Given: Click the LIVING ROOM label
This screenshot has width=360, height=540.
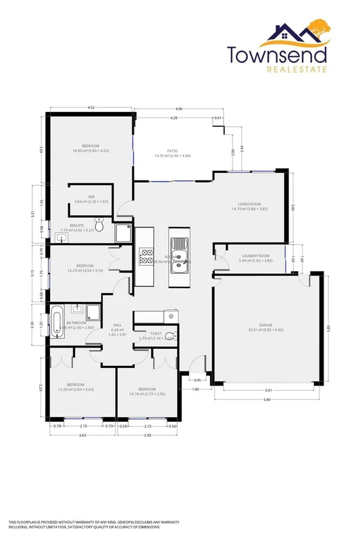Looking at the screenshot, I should (x=249, y=205).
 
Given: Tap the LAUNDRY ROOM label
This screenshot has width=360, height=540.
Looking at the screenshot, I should (x=256, y=256).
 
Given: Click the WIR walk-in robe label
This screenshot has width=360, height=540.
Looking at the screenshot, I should (x=91, y=198).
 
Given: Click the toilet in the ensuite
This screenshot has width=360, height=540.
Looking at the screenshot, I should (x=99, y=227).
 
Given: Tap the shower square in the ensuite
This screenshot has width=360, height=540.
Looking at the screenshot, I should (x=124, y=234).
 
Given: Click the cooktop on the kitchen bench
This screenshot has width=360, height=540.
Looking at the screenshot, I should (x=145, y=256).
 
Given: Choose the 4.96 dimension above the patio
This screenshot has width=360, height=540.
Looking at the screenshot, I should (x=178, y=109).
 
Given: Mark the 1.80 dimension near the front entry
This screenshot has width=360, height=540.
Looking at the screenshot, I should (x=195, y=390).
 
